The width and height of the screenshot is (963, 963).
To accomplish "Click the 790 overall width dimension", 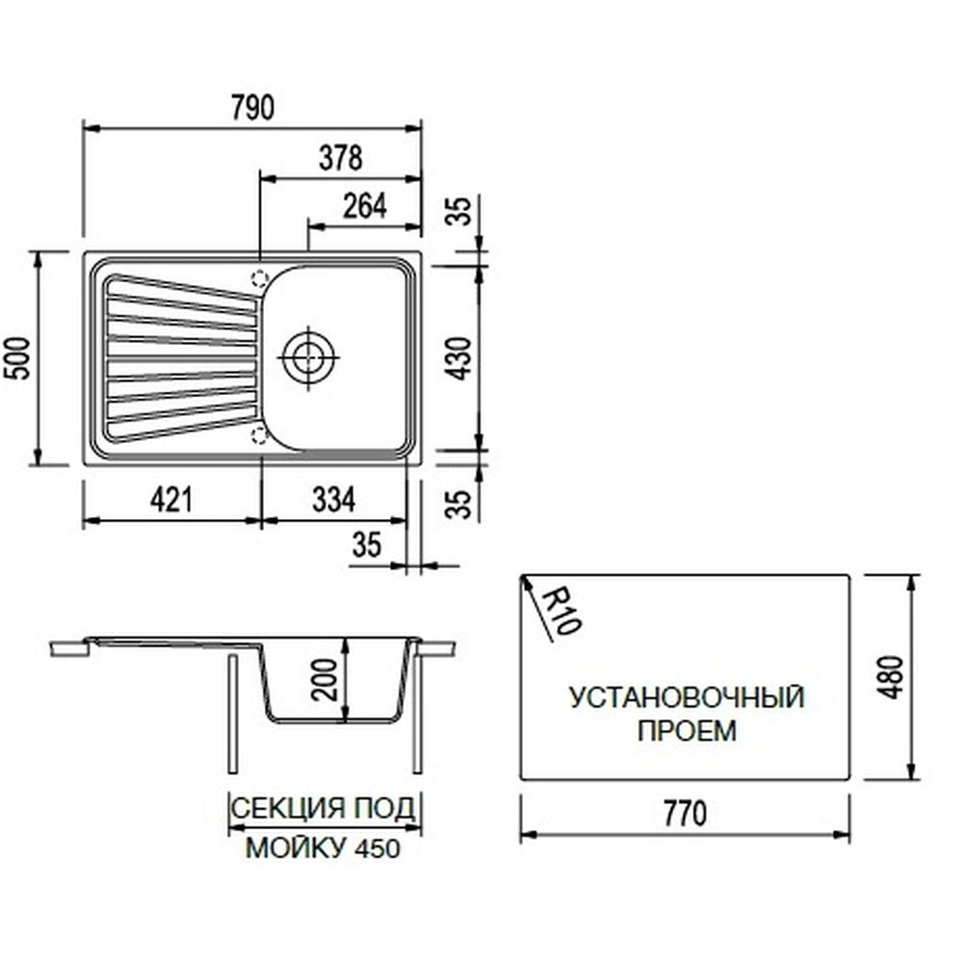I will pos(252,108).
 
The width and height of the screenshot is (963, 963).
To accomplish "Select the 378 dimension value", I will pos(339,157).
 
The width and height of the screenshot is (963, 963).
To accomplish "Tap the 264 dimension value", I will pos(364,206).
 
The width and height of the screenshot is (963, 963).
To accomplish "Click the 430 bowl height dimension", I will pos(461,356).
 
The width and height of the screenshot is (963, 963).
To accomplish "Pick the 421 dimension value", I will pos(172,499).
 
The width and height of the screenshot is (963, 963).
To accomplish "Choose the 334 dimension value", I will pos(334,499).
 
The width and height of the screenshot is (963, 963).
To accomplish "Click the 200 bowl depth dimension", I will pos(326,679).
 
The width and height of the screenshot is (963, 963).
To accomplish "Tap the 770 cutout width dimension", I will pos(685,814).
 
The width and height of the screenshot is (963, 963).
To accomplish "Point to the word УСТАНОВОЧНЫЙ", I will pos(687,697).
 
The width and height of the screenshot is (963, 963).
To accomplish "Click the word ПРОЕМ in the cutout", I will pos(687,731).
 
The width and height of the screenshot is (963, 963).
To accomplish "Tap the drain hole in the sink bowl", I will pos(307,355).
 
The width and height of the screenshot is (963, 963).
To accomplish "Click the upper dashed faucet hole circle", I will pos(258,279).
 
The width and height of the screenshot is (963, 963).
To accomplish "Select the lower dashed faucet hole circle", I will pos(258,434).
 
